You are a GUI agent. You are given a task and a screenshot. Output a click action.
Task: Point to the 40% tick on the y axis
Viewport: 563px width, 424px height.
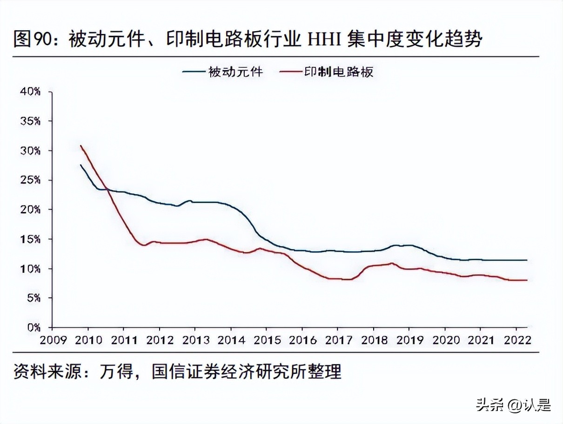(30, 92)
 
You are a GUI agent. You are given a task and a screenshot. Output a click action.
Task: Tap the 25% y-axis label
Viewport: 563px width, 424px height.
(30, 180)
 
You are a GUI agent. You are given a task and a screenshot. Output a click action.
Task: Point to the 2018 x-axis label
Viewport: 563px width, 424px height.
(373, 339)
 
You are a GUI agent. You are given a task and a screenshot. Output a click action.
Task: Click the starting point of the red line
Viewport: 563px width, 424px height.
(81, 146)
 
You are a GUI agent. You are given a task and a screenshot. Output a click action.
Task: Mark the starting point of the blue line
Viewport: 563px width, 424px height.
(81, 165)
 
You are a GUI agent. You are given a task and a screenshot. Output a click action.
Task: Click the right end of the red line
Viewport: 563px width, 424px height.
(527, 280)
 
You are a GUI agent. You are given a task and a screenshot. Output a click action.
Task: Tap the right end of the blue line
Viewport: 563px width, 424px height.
(527, 260)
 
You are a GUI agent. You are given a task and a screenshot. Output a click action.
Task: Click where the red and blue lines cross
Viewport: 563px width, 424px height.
(106, 188)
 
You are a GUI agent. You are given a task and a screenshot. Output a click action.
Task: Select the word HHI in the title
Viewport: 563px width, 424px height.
(321, 39)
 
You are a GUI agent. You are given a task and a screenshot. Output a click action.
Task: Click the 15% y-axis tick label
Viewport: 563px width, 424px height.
(30, 239)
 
